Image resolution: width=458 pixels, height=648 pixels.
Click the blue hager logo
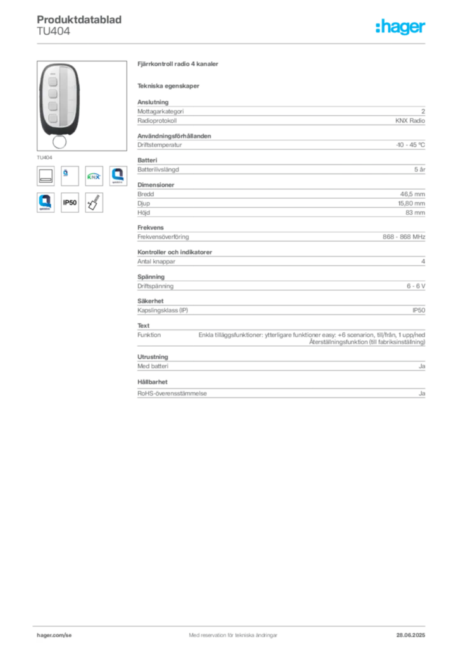[x=402, y=27]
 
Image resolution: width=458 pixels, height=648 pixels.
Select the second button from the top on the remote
[x=53, y=93]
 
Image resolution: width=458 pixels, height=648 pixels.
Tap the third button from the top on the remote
[x=53, y=105]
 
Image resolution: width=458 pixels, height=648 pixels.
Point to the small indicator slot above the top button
[x=53, y=72]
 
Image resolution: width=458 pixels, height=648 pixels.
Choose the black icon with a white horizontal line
[x=46, y=175]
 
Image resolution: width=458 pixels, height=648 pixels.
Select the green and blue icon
[x=94, y=177]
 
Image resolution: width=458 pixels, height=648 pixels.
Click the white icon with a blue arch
[x=118, y=175]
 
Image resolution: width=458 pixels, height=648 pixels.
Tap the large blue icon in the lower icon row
[x=45, y=202]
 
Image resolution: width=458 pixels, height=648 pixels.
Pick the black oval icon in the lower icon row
[x=70, y=203]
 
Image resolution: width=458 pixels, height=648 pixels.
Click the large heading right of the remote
[x=179, y=65]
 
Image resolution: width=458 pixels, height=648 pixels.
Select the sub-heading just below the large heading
[x=170, y=85]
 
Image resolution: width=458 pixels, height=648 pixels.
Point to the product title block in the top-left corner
[x=81, y=25]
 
